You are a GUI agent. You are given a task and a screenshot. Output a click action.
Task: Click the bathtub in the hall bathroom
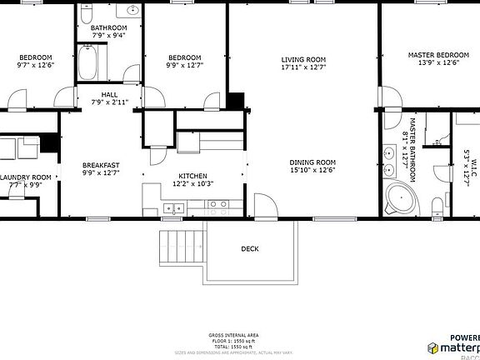(x=89, y=63)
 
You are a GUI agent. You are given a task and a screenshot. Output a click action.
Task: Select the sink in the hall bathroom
(x=132, y=11)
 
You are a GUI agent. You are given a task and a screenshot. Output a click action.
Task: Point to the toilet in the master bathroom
(x=437, y=207)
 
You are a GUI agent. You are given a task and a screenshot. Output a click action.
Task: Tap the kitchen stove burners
(x=218, y=205)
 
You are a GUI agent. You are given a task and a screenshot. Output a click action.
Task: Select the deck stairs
(x=180, y=245)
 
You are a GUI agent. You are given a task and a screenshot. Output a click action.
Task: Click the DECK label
(x=249, y=248)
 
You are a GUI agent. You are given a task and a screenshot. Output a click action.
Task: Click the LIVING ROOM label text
(x=302, y=59)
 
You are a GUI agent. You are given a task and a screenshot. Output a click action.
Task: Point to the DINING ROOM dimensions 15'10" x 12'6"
(x=312, y=170)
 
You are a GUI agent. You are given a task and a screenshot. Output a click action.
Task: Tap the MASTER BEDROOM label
(x=437, y=55)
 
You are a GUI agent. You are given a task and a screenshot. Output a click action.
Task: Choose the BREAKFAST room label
(x=101, y=165)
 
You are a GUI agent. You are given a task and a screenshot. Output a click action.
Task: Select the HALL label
(x=108, y=94)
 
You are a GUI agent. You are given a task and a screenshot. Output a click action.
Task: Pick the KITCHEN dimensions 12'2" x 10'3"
(x=192, y=184)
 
